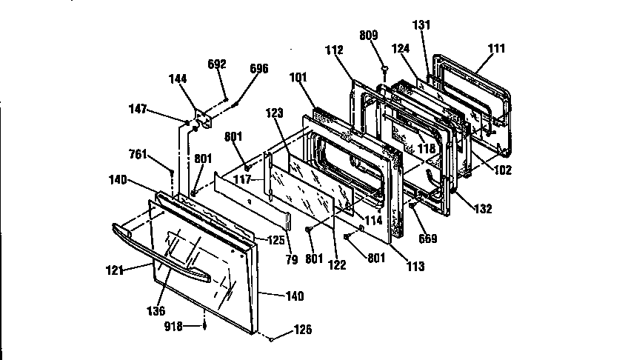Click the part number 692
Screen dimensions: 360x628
coord(216,64)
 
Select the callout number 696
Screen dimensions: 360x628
coord(259,69)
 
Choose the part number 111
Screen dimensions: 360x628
coord(497,49)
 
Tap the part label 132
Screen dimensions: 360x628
coord(484,210)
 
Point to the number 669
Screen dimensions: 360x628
coord(429,239)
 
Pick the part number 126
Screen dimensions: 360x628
coord(304,330)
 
